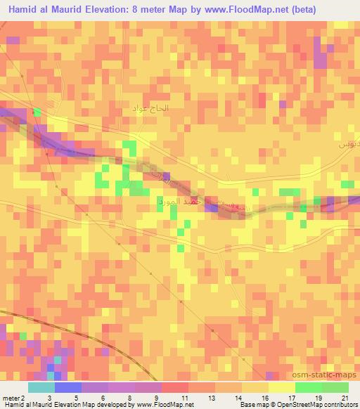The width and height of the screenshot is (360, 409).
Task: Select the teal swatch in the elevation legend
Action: click(41, 387)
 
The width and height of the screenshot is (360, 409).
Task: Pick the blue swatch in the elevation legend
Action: click(68, 387)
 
